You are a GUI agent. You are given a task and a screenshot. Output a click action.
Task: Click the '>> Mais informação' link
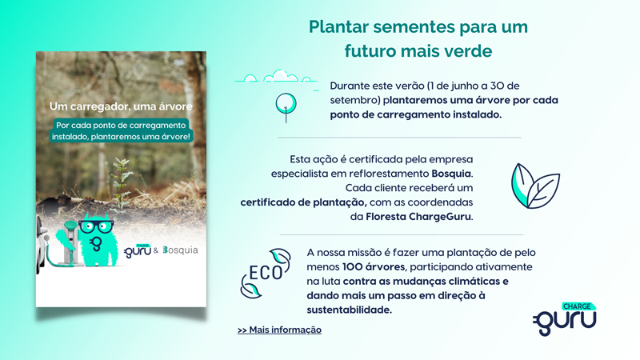coord(279,330)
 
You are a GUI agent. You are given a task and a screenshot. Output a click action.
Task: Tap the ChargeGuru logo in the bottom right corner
coord(566,318)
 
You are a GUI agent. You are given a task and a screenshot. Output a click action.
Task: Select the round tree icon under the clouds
coord(285,104)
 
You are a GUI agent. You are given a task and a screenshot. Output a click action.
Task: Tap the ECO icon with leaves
coord(266,273)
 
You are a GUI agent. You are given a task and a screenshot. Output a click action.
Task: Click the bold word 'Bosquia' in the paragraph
coord(451,173)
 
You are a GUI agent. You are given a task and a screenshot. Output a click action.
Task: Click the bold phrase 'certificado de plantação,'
coord(303,202)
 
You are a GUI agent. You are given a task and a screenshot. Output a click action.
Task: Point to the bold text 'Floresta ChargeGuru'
coord(418,217)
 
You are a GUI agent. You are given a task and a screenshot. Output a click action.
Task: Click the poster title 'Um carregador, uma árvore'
coord(121,106)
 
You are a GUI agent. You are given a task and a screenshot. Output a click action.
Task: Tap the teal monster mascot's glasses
coord(96,226)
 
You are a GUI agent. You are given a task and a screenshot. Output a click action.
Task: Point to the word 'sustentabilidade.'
coord(350,310)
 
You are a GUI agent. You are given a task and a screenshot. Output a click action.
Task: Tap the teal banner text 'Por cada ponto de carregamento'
coord(121,125)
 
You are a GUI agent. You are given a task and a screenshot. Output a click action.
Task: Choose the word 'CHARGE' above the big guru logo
coord(577,306)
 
